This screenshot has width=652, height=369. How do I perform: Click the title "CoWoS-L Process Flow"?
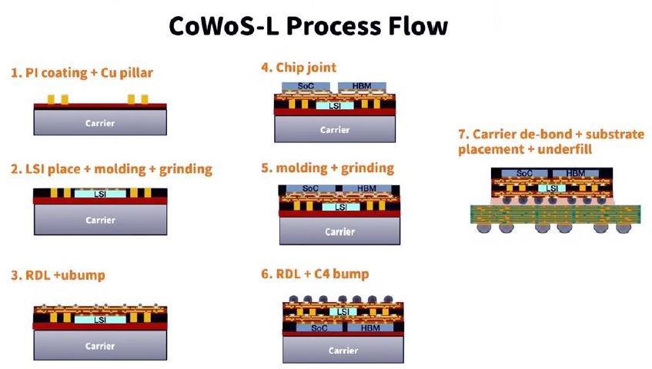pyautogui.click(x=308, y=26)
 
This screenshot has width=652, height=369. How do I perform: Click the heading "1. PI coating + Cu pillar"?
pyautogui.click(x=82, y=73)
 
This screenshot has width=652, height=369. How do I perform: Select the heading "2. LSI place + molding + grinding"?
pyautogui.click(x=112, y=169)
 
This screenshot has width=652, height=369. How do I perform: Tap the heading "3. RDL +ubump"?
pyautogui.click(x=58, y=275)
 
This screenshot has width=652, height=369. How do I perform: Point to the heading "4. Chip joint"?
pyautogui.click(x=299, y=68)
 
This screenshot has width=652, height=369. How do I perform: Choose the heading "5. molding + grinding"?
pyautogui.click(x=327, y=168)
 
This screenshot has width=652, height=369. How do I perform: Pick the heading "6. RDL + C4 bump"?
pyautogui.click(x=315, y=274)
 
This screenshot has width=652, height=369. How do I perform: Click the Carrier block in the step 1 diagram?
pyautogui.click(x=100, y=123)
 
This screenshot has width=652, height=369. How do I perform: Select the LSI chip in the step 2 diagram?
pyautogui.click(x=100, y=194)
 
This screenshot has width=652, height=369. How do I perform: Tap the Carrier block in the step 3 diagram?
pyautogui.click(x=100, y=345)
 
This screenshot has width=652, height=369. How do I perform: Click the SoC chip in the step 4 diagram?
pyautogui.click(x=306, y=86)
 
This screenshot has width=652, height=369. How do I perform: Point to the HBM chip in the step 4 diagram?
pyautogui.click(x=362, y=86)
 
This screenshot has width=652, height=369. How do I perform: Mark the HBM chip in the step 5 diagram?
pyautogui.click(x=366, y=188)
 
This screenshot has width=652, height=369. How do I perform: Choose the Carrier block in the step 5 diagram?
pyautogui.click(x=339, y=231)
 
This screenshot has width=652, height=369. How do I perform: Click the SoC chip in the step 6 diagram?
pyautogui.click(x=319, y=328)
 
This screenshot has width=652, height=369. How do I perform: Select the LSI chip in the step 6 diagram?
pyautogui.click(x=343, y=311)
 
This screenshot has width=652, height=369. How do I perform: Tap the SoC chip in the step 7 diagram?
pyautogui.click(x=524, y=173)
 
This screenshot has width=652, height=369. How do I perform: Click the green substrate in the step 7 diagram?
pyautogui.click(x=556, y=214)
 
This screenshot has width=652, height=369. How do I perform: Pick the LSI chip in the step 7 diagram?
pyautogui.click(x=552, y=188)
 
